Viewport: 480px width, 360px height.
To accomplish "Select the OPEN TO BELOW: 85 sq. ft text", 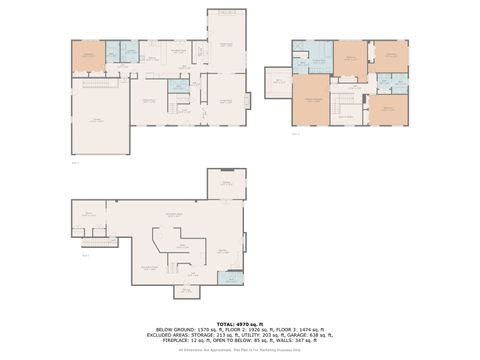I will tap(240, 341).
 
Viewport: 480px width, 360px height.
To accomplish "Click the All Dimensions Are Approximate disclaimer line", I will tap(240, 349).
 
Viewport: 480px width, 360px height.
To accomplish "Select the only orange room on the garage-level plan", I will tap(87, 56).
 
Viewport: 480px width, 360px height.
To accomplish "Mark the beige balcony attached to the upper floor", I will tap(277, 78).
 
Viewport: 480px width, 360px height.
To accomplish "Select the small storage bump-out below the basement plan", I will tap(186, 292).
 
